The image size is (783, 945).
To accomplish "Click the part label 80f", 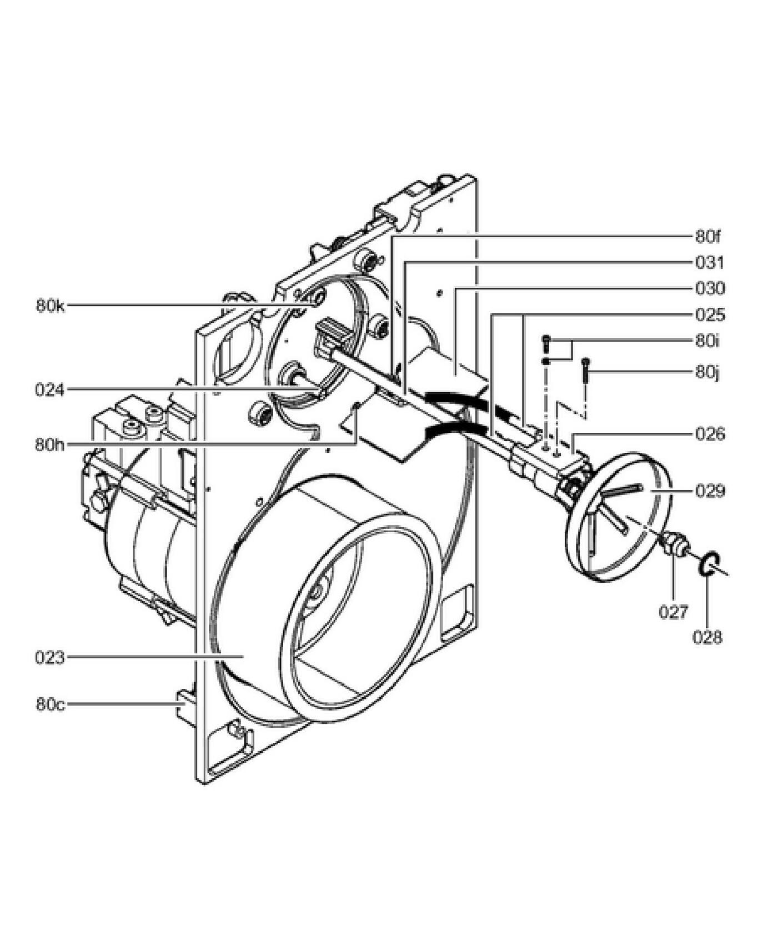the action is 708,237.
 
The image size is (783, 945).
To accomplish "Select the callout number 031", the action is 710,262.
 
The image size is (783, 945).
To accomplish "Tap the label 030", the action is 710,288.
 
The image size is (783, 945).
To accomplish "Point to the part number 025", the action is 710,315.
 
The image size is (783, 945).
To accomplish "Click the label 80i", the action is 707,341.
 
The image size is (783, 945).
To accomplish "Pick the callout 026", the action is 710,433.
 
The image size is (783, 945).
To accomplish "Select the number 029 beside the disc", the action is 710,491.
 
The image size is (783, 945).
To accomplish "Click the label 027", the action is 674,612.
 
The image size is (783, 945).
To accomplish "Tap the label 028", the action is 707,638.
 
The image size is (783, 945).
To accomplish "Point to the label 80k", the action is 51,306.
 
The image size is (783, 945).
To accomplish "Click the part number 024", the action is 50,389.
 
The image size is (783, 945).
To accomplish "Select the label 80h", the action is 51,444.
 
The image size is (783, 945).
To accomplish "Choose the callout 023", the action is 50,658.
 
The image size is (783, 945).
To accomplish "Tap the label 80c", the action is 51,704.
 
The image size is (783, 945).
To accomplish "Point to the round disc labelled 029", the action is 619,518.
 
